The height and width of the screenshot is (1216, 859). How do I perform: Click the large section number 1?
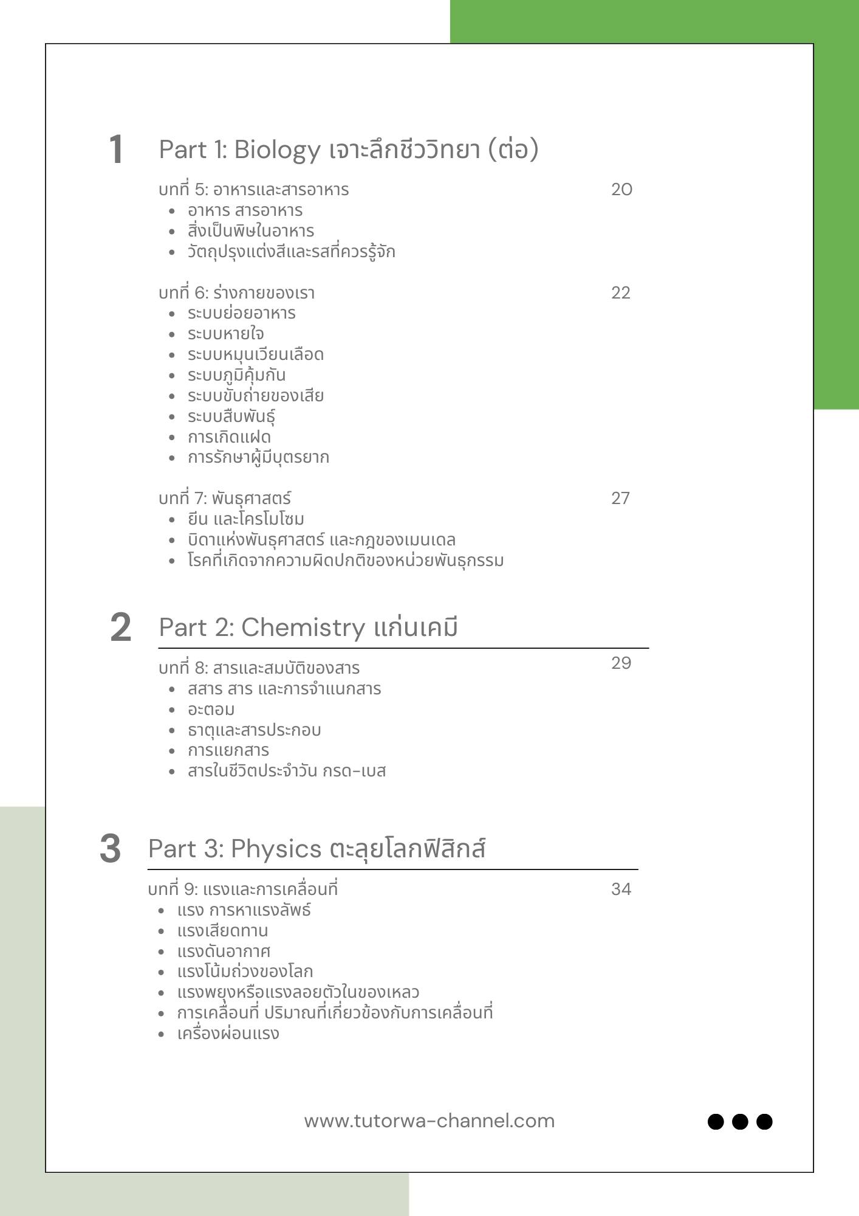116,150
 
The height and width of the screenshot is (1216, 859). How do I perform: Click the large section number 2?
120,627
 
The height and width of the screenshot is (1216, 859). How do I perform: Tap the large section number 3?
110,848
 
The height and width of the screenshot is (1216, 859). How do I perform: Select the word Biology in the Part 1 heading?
277,150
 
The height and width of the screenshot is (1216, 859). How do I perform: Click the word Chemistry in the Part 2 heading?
303,628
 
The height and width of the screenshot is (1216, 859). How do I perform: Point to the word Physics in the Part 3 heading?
276,849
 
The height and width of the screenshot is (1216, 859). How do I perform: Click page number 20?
621,190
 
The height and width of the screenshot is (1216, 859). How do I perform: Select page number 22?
620,293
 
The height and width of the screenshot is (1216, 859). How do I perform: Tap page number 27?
620,499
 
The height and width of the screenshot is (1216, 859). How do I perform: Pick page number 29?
621,663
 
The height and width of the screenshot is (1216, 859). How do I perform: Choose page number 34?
621,890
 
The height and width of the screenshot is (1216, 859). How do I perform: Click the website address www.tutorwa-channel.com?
430,1121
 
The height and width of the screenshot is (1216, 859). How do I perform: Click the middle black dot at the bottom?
739,1121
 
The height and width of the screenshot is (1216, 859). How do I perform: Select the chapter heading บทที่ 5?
253,190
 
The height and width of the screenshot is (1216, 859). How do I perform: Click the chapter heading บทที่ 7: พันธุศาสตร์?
224,499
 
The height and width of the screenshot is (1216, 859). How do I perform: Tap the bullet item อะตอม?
211,710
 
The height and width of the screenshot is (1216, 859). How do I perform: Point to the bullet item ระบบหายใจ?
225,334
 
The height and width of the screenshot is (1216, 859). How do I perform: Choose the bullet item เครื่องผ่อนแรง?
228,1034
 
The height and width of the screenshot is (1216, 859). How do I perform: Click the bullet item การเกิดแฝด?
229,437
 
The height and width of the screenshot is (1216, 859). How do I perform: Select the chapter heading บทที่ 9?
242,890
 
